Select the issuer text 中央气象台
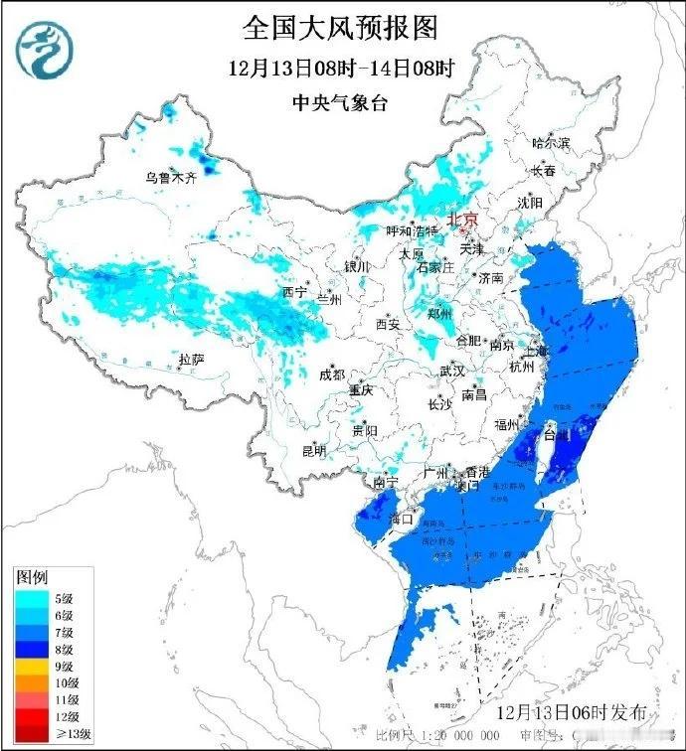tap(340, 102)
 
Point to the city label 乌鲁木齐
tap(171, 179)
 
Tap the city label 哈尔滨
tap(551, 143)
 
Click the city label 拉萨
tap(191, 360)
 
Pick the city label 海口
tap(401, 519)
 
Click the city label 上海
tap(536, 351)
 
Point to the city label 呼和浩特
tap(412, 230)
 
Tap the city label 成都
tap(332, 375)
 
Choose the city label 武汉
tap(452, 371)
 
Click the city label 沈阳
tap(530, 203)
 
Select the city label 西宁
tap(294, 292)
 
